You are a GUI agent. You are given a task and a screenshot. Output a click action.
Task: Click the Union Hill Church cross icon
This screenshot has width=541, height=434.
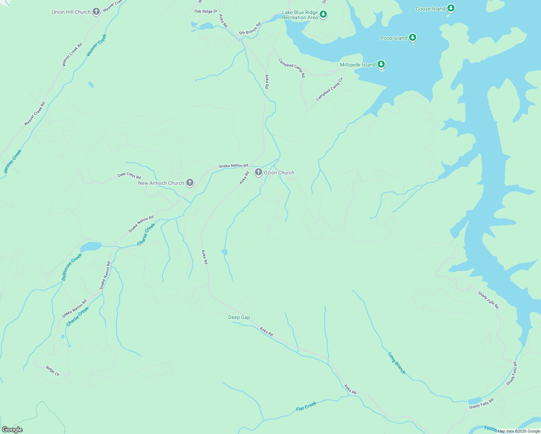pyautogui.click(x=96, y=12)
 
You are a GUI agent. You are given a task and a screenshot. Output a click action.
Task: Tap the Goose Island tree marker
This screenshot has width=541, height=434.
pyautogui.click(x=450, y=8)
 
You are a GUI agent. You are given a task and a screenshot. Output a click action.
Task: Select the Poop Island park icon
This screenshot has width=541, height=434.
pyautogui.click(x=413, y=37)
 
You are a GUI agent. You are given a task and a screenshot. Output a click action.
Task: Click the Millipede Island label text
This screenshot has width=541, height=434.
pyautogui.click(x=357, y=65)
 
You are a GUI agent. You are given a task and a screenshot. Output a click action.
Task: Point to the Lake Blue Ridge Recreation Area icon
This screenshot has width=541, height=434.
pyautogui.click(x=323, y=14)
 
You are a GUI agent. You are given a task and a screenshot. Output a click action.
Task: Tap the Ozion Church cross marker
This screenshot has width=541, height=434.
pyautogui.click(x=258, y=172)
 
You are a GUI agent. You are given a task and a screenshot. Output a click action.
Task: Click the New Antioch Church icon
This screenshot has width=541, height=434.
pyautogui.click(x=189, y=183)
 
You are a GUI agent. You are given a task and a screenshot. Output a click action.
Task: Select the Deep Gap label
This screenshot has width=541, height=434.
pyautogui.click(x=239, y=317)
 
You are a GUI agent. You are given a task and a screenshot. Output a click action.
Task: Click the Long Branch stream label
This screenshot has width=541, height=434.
pyautogui.click(x=397, y=363)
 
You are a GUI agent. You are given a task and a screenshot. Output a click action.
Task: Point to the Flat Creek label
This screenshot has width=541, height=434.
pyautogui.click(x=306, y=406)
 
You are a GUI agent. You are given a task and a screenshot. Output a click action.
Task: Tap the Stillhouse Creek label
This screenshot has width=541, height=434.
pyautogui.click(x=72, y=267)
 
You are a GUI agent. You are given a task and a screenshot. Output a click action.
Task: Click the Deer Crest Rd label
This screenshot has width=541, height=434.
pyautogui.click(x=129, y=176)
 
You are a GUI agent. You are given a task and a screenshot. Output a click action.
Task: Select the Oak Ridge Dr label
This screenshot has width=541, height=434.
pyautogui.click(x=206, y=11)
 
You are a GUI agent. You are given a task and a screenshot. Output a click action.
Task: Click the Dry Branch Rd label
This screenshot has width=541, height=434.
pyautogui.click(x=250, y=29)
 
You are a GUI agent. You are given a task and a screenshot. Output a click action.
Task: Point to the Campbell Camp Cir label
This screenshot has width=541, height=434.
pyautogui.click(x=329, y=89)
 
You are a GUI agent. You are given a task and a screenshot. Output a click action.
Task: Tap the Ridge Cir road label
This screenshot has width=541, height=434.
pyautogui.click(x=52, y=371)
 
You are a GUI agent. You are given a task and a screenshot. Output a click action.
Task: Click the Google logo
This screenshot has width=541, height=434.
pyautogui.click(x=12, y=430)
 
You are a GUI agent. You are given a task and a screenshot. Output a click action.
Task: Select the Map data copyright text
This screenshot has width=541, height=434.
pyautogui.click(x=519, y=431)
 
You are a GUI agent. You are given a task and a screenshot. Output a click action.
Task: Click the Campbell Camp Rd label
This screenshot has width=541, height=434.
pyautogui.click(x=291, y=68)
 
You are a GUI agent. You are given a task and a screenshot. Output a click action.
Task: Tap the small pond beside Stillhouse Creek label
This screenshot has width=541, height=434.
pyautogui.click(x=90, y=247)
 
